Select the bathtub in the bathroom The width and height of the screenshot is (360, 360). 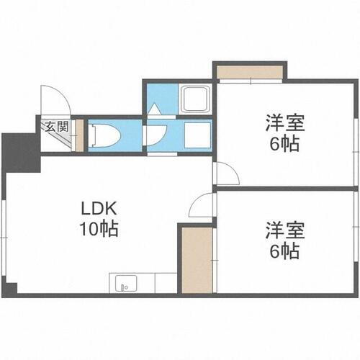coord(195,98)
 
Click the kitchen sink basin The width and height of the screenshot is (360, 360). coord(121,283)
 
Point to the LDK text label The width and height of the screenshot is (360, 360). coord(99,209)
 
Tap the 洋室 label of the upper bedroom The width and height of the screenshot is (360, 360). coord(284,122)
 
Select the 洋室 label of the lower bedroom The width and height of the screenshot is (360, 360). coord(284,230)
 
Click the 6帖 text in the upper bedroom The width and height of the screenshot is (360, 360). coord(284,143)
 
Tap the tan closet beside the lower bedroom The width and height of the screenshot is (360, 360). coord(196,259)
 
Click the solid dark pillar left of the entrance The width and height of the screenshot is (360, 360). coord(19,150)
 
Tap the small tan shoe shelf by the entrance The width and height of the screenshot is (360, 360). coord(79,135)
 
